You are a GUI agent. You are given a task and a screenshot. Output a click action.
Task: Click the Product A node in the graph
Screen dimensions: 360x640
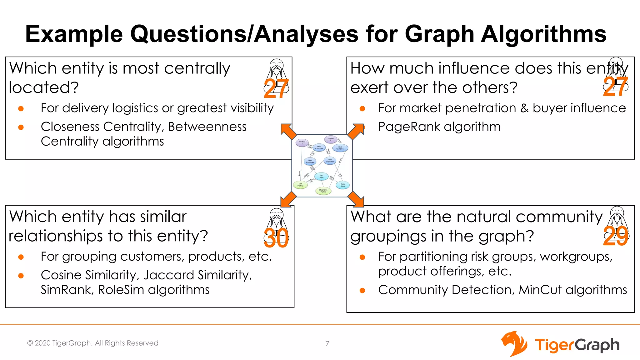302,142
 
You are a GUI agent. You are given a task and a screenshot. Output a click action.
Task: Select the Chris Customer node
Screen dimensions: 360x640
340,148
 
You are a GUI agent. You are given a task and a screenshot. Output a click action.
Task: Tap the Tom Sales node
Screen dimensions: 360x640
321,177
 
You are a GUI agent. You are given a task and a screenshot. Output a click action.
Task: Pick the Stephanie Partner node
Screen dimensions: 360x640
323,191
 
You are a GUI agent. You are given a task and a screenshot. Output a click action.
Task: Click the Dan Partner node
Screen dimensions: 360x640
300,185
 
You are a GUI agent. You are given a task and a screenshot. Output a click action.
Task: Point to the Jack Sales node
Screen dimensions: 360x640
342,185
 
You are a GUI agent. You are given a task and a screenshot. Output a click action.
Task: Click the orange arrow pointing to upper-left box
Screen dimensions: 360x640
288,131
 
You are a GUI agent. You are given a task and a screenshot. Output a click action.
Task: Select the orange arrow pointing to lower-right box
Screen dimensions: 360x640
356,199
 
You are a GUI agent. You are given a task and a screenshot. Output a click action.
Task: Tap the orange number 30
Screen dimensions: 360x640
276,238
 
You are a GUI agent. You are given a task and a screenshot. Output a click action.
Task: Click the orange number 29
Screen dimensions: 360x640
615,236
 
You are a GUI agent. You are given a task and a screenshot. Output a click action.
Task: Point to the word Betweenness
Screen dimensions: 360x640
207,127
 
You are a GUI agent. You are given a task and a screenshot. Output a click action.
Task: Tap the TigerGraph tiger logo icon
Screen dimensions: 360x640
514,344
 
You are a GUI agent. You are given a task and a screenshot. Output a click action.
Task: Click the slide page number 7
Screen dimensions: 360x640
327,344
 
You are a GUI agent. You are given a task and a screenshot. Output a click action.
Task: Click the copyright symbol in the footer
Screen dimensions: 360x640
30,343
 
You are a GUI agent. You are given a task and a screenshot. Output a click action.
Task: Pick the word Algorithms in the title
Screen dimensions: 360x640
543,34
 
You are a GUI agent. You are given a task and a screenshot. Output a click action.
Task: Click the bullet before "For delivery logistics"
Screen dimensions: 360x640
21,109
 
